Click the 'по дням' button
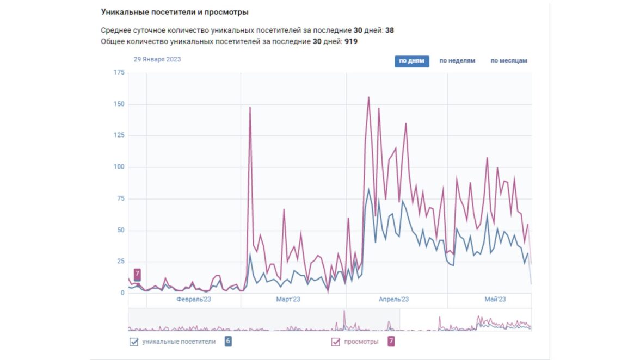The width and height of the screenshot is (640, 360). tap(411, 61)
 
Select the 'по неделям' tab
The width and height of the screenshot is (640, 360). tap(457, 61)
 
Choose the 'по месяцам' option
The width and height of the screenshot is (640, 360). tap(509, 61)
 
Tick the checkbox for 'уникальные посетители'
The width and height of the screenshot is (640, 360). tap(134, 342)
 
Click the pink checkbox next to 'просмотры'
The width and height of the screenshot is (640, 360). tap(335, 342)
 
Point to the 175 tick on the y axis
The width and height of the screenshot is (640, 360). tap(119, 72)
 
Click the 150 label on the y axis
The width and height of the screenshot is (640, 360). tap(119, 104)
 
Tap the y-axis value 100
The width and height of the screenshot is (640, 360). tap(119, 167)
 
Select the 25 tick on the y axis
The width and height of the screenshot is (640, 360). tap(120, 262)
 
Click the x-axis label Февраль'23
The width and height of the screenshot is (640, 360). tap(194, 300)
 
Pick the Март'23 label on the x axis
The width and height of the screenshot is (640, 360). tap(288, 300)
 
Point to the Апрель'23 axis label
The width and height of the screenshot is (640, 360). tap(393, 300)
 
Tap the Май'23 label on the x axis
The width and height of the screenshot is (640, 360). tap(495, 300)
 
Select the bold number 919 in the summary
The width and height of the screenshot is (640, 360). tap(351, 41)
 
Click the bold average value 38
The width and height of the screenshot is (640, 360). tap(390, 30)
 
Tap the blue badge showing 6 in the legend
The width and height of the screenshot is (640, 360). tap(228, 342)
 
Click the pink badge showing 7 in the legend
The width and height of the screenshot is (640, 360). tap(391, 342)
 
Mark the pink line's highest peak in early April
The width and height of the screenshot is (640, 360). tap(369, 97)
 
